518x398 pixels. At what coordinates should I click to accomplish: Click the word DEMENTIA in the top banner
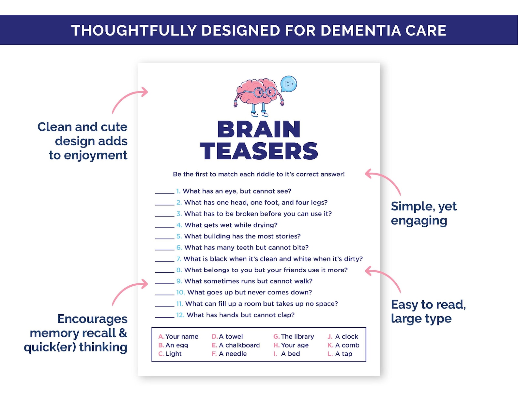[x=360, y=30]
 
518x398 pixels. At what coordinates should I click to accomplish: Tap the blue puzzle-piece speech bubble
[x=289, y=84]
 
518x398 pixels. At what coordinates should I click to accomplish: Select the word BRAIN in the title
[x=259, y=130]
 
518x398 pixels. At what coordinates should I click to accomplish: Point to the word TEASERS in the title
[x=259, y=151]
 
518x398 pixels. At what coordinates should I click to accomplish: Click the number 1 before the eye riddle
[x=178, y=191]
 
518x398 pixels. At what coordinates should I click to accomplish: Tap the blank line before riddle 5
[x=165, y=238]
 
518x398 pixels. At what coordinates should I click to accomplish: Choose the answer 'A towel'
[x=231, y=336]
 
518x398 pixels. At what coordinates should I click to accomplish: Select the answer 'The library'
[x=297, y=336]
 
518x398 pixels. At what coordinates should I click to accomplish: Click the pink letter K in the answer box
[x=330, y=345]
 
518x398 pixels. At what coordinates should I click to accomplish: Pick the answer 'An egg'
[x=176, y=345]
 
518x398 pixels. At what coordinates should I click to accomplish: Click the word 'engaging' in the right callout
[x=419, y=221]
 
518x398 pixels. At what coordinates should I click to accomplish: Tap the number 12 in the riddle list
[x=180, y=315]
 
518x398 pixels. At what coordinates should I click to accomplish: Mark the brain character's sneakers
[x=260, y=114]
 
